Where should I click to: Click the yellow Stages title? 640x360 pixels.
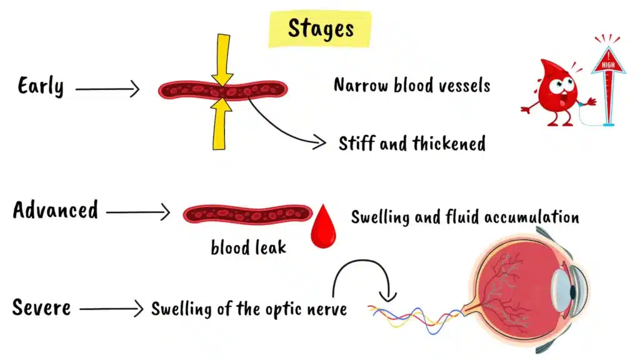coord(320,29)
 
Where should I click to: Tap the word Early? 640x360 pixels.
coord(41,86)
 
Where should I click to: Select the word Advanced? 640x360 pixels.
coord(56,209)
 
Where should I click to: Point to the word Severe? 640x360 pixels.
coord(41,307)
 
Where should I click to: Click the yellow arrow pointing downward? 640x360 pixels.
coord(222,59)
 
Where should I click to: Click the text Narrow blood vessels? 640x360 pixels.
coord(412,85)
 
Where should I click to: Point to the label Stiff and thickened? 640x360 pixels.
coord(412,144)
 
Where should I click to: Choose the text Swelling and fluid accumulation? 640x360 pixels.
coord(464,217)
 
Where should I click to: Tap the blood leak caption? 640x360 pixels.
coord(248,247)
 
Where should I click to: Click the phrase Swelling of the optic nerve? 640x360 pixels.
coord(249,308)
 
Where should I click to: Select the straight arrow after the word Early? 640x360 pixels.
coord(107,90)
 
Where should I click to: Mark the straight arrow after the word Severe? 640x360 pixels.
coord(112,308)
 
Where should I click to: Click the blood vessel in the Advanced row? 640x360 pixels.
coord(247,214)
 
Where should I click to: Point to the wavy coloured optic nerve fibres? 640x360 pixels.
coord(412,316)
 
